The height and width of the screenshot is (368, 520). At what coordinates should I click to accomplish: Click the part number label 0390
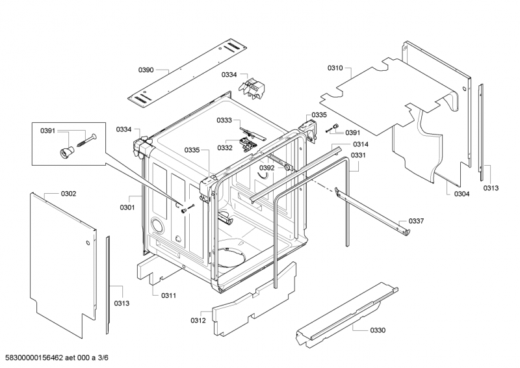[146, 70]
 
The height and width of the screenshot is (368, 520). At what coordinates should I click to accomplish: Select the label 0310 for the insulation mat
[335, 68]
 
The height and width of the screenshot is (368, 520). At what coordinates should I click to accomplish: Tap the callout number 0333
[224, 120]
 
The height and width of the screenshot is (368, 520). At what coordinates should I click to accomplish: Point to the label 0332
[225, 148]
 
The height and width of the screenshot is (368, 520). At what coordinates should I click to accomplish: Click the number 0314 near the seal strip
[361, 144]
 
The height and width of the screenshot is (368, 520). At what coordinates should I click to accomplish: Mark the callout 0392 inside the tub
[267, 168]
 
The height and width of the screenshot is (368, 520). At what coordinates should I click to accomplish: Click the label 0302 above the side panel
[68, 194]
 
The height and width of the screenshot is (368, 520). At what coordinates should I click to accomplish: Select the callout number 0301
[127, 207]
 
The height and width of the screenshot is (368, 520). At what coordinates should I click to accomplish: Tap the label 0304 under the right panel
[461, 194]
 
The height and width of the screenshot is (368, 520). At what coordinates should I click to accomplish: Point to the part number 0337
[416, 221]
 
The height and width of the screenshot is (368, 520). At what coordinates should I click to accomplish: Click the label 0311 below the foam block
[168, 295]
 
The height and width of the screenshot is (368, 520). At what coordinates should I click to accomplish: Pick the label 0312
[198, 321]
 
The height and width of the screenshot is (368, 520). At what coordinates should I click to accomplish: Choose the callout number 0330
[378, 330]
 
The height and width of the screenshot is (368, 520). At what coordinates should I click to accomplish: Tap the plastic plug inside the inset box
[67, 152]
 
